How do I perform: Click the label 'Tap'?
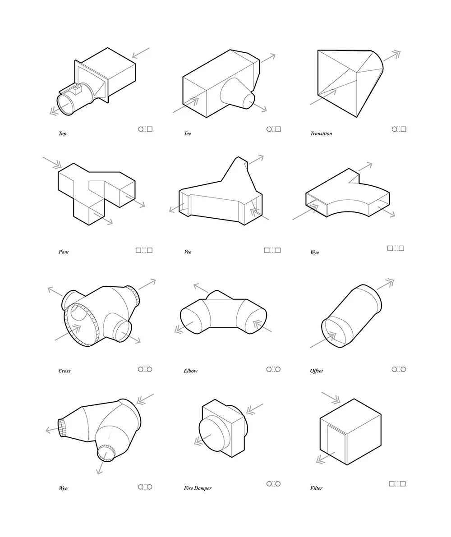point(62,133)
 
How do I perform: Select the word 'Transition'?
point(321,133)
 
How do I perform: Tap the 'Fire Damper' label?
point(198,488)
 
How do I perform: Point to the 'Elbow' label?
point(190,371)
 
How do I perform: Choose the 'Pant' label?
point(63,252)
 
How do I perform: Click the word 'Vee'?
point(187,252)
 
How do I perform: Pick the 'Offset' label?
point(317,371)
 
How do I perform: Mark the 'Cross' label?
point(64,371)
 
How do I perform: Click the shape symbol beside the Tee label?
point(274,129)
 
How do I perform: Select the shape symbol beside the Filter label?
point(397,484)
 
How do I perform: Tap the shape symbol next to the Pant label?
point(144,250)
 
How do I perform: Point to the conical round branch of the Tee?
point(237,93)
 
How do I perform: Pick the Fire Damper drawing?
point(223,428)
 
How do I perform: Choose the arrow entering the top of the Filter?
point(331,398)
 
